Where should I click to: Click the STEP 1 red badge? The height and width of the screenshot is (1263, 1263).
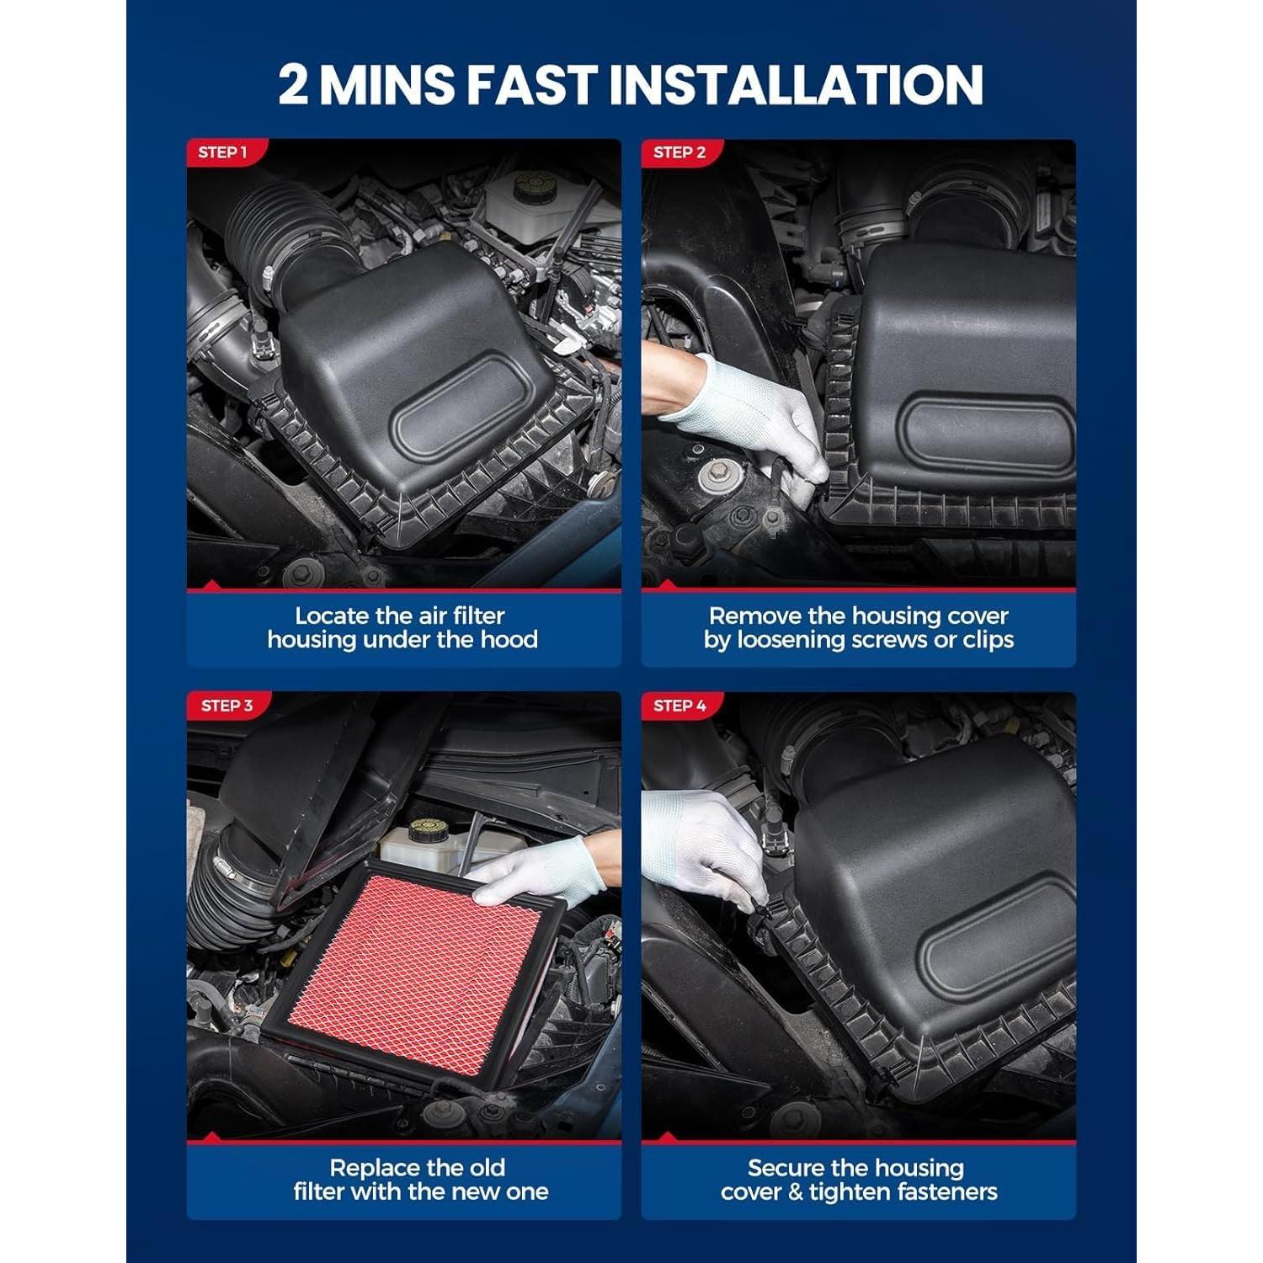pos(222,152)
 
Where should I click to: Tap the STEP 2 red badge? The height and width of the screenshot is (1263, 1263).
pos(679,152)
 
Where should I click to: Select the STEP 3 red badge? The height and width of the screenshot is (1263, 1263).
pos(226,706)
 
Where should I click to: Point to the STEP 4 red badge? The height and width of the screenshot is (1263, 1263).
pos(679,706)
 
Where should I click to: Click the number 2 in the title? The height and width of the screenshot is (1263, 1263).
pos(293,84)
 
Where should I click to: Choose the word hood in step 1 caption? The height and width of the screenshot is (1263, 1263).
pos(509,640)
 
